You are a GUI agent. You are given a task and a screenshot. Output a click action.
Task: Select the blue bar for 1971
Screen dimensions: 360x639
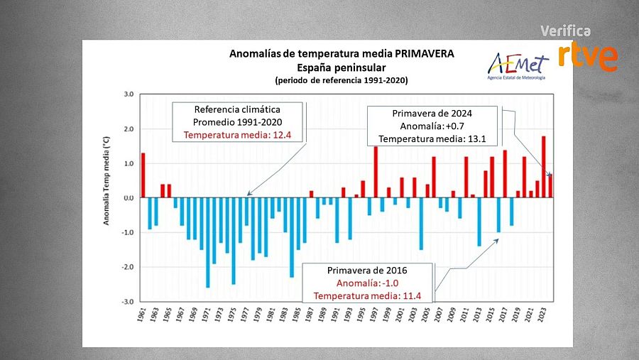click(x=207, y=242)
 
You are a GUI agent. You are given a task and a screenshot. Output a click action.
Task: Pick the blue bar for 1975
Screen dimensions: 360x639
click(x=233, y=241)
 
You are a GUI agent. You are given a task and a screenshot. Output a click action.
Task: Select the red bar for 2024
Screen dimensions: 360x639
click(x=550, y=186)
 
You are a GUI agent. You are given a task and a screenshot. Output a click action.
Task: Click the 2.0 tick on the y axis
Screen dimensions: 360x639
click(x=129, y=129)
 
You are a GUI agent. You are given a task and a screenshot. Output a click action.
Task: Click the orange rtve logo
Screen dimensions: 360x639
click(x=586, y=56)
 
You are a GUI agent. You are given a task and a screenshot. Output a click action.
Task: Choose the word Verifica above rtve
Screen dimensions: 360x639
click(x=565, y=31)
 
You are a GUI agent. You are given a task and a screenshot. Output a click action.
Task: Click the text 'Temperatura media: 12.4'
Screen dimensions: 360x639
click(x=238, y=134)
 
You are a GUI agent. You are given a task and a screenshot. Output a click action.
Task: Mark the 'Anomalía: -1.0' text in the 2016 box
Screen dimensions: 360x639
click(x=367, y=283)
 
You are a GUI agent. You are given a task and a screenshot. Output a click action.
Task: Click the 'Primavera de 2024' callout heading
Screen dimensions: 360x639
click(x=432, y=114)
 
